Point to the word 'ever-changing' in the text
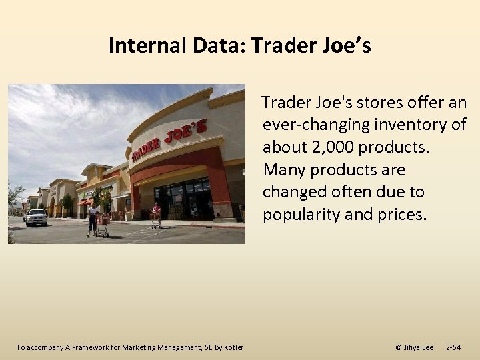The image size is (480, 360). (307, 124)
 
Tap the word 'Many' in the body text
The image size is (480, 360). (283, 169)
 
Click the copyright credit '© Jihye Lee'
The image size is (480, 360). (414, 347)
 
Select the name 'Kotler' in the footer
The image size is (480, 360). (231, 347)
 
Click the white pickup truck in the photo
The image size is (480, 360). (36, 217)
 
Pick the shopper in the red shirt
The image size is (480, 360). (157, 214)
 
